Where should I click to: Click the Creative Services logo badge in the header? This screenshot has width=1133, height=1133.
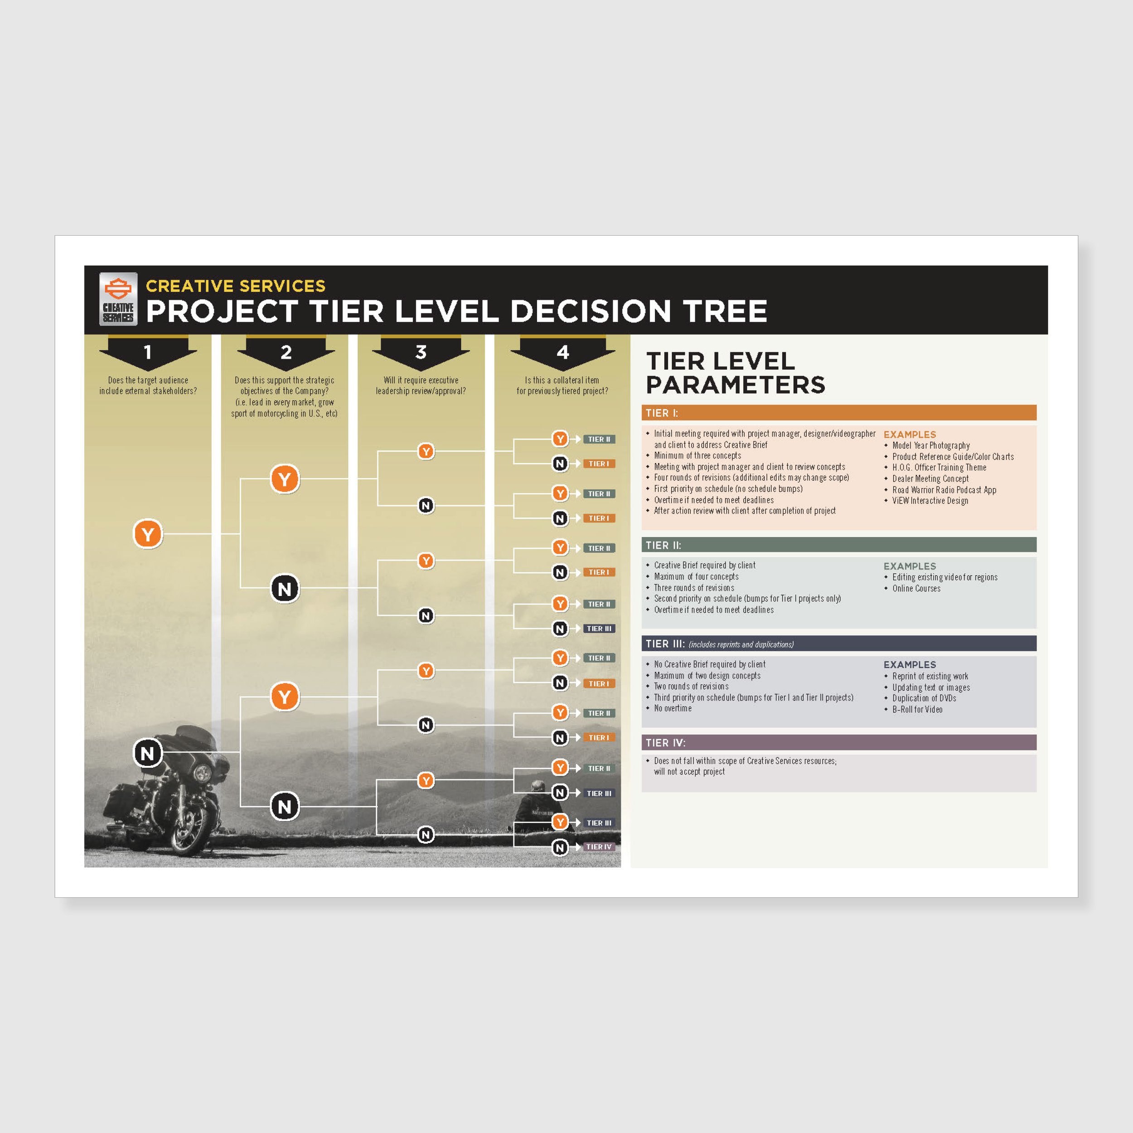(118, 299)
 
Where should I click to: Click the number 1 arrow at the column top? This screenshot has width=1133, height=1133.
(148, 352)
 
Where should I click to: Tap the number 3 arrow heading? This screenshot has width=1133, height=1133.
(421, 352)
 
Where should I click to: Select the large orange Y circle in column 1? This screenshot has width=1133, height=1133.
(148, 534)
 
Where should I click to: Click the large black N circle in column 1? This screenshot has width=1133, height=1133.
(147, 753)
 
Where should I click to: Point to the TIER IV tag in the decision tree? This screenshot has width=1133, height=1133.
(599, 847)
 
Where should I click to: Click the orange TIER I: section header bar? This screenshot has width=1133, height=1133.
(838, 413)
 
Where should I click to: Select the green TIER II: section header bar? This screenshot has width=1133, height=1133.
(838, 545)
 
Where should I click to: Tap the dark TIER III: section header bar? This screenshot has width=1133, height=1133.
(838, 644)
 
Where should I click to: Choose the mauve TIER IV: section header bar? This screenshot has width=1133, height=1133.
(838, 742)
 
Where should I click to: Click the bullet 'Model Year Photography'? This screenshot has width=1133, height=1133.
(931, 445)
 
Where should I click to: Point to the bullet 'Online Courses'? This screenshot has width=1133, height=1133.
(916, 588)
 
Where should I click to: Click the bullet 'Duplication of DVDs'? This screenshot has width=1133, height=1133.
(924, 698)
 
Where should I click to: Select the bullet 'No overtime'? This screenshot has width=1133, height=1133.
(673, 708)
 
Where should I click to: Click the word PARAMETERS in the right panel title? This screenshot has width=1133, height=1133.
(736, 385)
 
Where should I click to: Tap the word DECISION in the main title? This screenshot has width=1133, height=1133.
(590, 311)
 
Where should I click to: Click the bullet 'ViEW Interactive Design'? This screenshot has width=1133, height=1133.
(930, 500)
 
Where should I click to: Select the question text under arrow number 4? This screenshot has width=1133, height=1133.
(562, 385)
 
